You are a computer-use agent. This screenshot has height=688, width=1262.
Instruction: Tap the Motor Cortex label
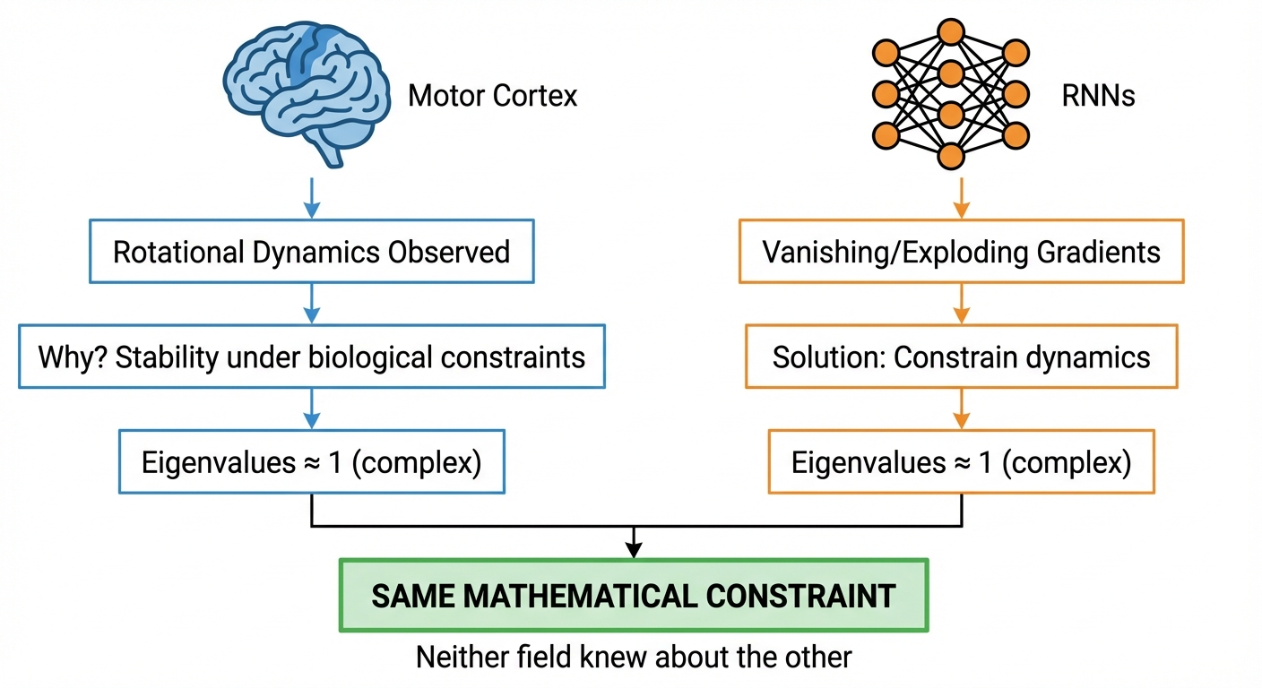click(492, 96)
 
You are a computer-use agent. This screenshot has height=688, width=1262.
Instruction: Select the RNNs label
click(1098, 96)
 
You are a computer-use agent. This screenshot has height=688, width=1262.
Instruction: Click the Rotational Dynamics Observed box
click(311, 252)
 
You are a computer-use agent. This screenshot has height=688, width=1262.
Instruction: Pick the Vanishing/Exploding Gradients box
click(961, 252)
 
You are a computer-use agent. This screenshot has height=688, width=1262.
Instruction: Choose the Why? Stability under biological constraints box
click(311, 357)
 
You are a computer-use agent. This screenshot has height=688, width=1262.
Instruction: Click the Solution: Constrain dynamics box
click(961, 357)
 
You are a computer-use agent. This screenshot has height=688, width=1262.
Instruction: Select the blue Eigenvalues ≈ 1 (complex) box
click(311, 463)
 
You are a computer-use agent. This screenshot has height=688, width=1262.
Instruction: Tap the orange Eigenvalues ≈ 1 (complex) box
click(961, 463)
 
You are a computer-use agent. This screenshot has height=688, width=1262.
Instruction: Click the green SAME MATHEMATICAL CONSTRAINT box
click(634, 596)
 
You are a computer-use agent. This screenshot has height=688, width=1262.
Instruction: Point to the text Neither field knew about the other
click(634, 657)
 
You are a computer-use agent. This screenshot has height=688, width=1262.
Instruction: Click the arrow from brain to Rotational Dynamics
click(311, 197)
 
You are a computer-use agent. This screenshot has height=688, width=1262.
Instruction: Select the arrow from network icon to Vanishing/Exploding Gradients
click(961, 197)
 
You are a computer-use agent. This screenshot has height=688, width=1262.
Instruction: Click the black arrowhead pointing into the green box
click(634, 548)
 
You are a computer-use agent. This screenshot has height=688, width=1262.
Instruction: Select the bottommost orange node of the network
click(951, 158)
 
